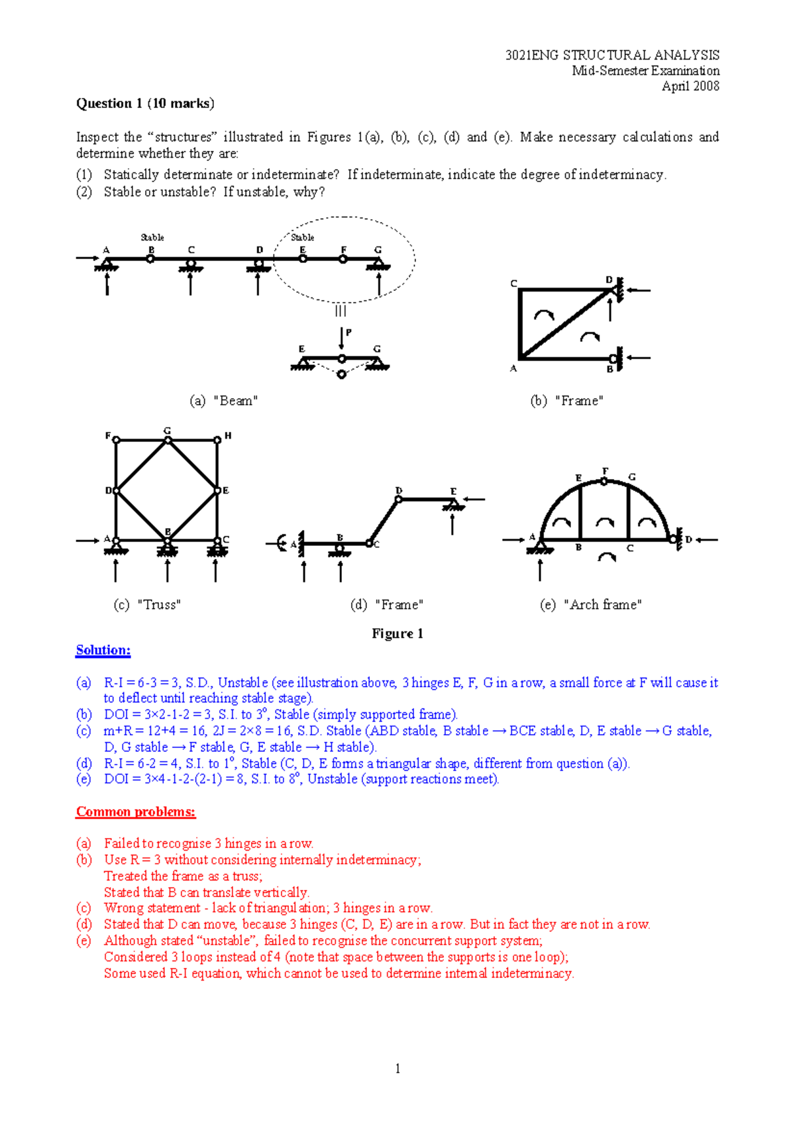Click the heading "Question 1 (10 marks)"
[145, 103]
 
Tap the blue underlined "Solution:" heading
[103, 650]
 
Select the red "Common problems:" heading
[136, 812]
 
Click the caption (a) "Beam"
[223, 401]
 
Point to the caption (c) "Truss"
[147, 604]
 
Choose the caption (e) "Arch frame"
[590, 604]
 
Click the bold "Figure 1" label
[397, 633]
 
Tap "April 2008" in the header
[690, 86]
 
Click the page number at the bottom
[397, 1068]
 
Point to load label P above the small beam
[349, 333]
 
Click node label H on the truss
[228, 436]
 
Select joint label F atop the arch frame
[605, 472]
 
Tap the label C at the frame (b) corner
[513, 284]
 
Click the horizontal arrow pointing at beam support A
[87, 258]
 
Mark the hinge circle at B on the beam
[150, 259]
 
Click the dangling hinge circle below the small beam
[341, 375]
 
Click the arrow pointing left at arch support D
[706, 539]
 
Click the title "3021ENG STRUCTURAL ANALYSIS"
[612, 55]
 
